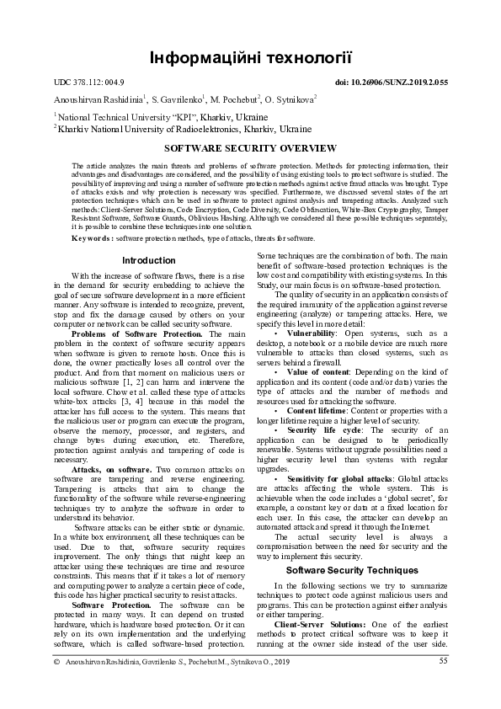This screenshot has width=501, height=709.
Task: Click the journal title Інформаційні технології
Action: pyautogui.click(x=250, y=57)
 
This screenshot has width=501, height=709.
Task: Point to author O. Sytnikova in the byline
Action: pyautogui.click(x=288, y=99)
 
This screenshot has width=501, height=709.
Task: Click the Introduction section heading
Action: pyautogui.click(x=148, y=260)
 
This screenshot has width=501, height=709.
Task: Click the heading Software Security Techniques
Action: pyautogui.click(x=352, y=570)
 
